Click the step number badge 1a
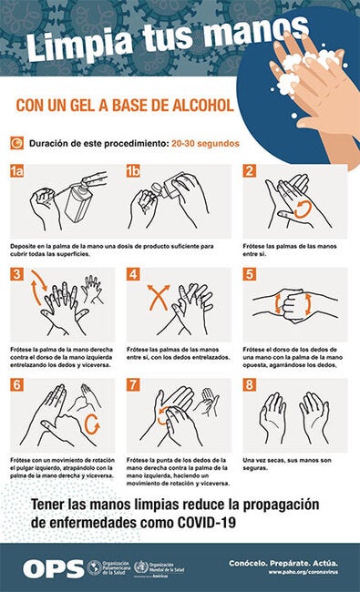pyautogui.click(x=16, y=170)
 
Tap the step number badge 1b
pyautogui.click(x=133, y=170)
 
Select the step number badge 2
pyautogui.click(x=249, y=170)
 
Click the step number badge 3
pyautogui.click(x=15, y=274)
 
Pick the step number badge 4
pyautogui.click(x=133, y=274)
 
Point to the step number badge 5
pyautogui.click(x=249, y=274)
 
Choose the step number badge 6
pyautogui.click(x=15, y=385)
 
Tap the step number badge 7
pyautogui.click(x=133, y=385)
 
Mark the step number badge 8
pyautogui.click(x=249, y=385)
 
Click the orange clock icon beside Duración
pyautogui.click(x=16, y=143)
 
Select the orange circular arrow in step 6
pyautogui.click(x=91, y=424)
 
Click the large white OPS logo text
pyautogui.click(x=52, y=567)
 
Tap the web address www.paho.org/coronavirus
pyautogui.click(x=307, y=572)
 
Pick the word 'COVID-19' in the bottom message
pyautogui.click(x=195, y=523)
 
